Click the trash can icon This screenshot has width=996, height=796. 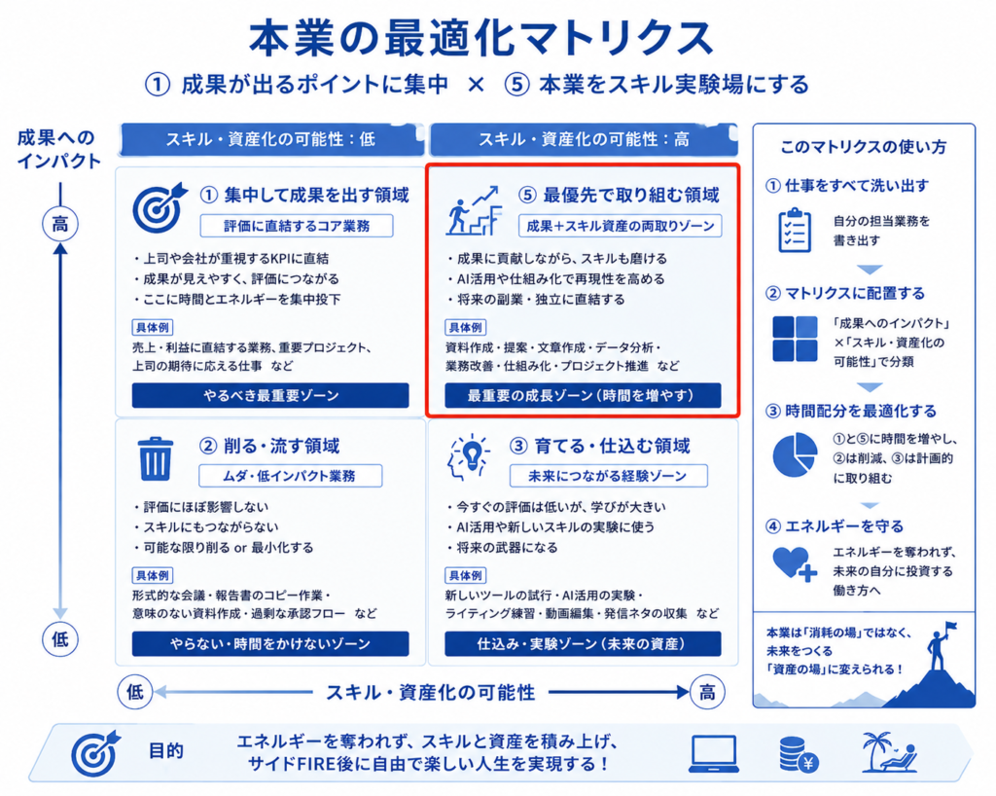(x=155, y=458)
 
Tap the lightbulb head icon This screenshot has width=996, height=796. (x=470, y=457)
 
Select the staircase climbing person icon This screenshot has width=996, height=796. (x=474, y=210)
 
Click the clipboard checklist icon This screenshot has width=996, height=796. (x=795, y=230)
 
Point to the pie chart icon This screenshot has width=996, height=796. (x=795, y=454)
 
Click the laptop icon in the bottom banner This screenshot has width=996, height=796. (x=714, y=754)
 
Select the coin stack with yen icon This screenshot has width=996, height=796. (x=799, y=755)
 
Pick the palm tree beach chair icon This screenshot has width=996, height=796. (x=889, y=752)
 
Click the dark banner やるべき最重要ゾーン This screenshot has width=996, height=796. (x=270, y=395)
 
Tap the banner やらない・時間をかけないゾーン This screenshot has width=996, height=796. (x=270, y=643)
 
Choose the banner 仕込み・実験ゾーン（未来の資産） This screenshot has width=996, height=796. (x=583, y=643)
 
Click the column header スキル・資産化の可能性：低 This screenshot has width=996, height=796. (x=271, y=139)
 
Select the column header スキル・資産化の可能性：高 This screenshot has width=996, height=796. (x=584, y=139)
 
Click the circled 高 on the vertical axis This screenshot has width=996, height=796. (x=59, y=224)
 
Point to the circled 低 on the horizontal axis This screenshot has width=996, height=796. (x=135, y=691)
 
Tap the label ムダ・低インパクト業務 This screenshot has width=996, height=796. (x=290, y=476)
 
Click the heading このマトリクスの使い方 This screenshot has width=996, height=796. (x=864, y=147)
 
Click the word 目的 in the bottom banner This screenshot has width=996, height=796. (x=166, y=751)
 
